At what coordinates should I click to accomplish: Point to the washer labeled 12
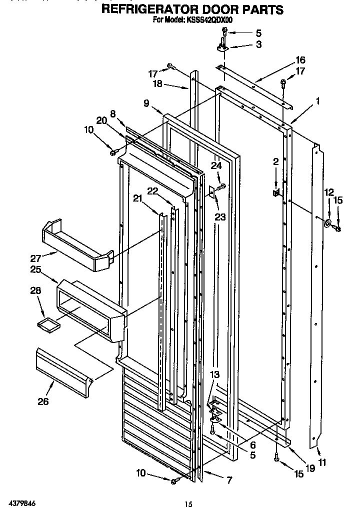click(328, 223)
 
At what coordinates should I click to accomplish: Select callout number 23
click(219, 217)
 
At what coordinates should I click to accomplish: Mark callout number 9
click(146, 103)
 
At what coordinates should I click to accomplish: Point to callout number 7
click(228, 480)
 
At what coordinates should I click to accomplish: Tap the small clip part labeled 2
click(276, 192)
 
